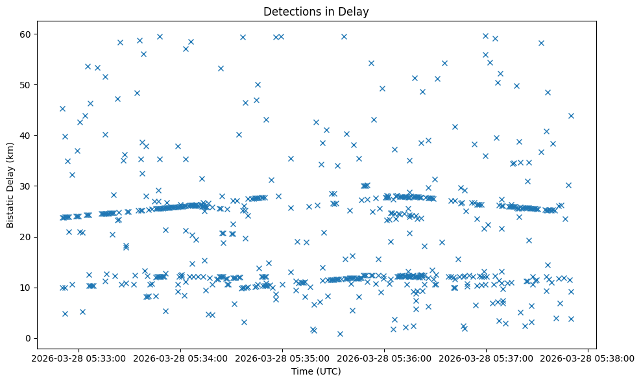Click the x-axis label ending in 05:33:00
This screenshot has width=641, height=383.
tap(79, 358)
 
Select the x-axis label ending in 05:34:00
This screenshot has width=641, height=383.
tap(180, 358)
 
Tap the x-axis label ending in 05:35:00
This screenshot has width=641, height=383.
tap(282, 358)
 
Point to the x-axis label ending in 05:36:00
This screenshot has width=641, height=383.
tap(384, 358)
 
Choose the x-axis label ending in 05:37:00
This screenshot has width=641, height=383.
tap(486, 358)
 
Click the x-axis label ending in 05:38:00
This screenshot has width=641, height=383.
tap(588, 358)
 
